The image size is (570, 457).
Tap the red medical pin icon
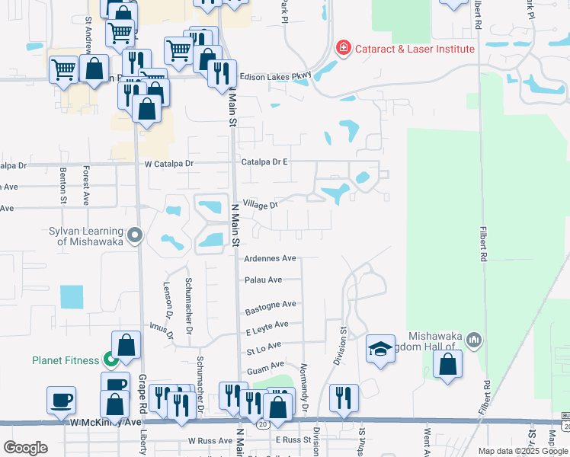pyautogui.click(x=344, y=49)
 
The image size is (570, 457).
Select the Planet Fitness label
pyautogui.click(x=65, y=360)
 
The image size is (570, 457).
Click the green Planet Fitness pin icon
pyautogui.click(x=111, y=360)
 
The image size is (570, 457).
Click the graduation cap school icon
pyautogui.click(x=380, y=350)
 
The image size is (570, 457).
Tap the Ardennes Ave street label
pyautogui.click(x=269, y=258)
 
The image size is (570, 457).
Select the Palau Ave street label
pyautogui.click(x=263, y=280)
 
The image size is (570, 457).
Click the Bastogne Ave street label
pyautogui.click(x=270, y=306)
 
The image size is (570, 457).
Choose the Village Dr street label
pyautogui.click(x=261, y=204)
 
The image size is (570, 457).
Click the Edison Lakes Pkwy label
pyautogui.click(x=276, y=76)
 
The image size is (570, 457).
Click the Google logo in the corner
pyautogui.click(x=25, y=448)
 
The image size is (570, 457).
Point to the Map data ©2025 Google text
pyautogui.click(x=523, y=451)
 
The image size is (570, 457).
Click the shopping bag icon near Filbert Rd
pyautogui.click(x=447, y=363)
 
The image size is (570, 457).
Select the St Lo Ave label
pyautogui.click(x=262, y=351)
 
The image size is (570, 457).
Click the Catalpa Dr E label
pyautogui.click(x=264, y=162)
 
